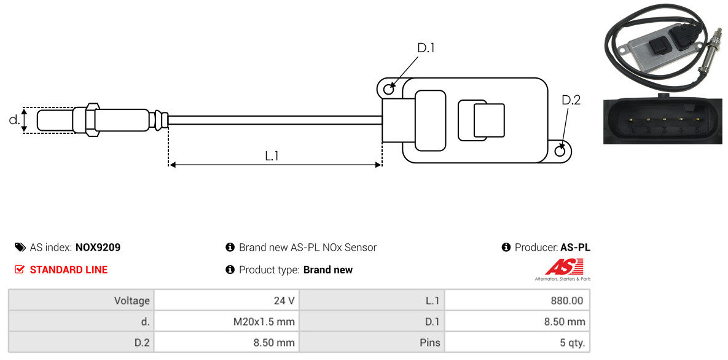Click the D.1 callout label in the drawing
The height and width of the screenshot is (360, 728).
point(426,48)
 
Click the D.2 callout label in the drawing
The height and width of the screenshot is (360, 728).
point(571,100)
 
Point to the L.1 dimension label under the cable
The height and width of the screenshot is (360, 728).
point(272,156)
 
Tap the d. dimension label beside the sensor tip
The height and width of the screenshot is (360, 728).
point(14,120)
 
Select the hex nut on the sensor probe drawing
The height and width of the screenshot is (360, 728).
point(92,120)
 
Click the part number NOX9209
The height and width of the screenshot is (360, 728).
point(98,248)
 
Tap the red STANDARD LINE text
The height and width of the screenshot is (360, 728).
point(69,270)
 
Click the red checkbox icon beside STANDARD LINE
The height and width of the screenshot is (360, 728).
point(19,270)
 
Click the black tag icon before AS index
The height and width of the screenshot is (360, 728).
point(20,247)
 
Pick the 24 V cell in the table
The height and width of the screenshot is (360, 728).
point(227,300)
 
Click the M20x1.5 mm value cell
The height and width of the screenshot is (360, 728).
point(227,321)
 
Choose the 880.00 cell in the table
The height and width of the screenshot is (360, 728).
point(517,300)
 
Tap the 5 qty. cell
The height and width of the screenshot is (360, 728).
point(517,343)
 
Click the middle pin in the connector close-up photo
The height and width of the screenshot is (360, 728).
point(664,120)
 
